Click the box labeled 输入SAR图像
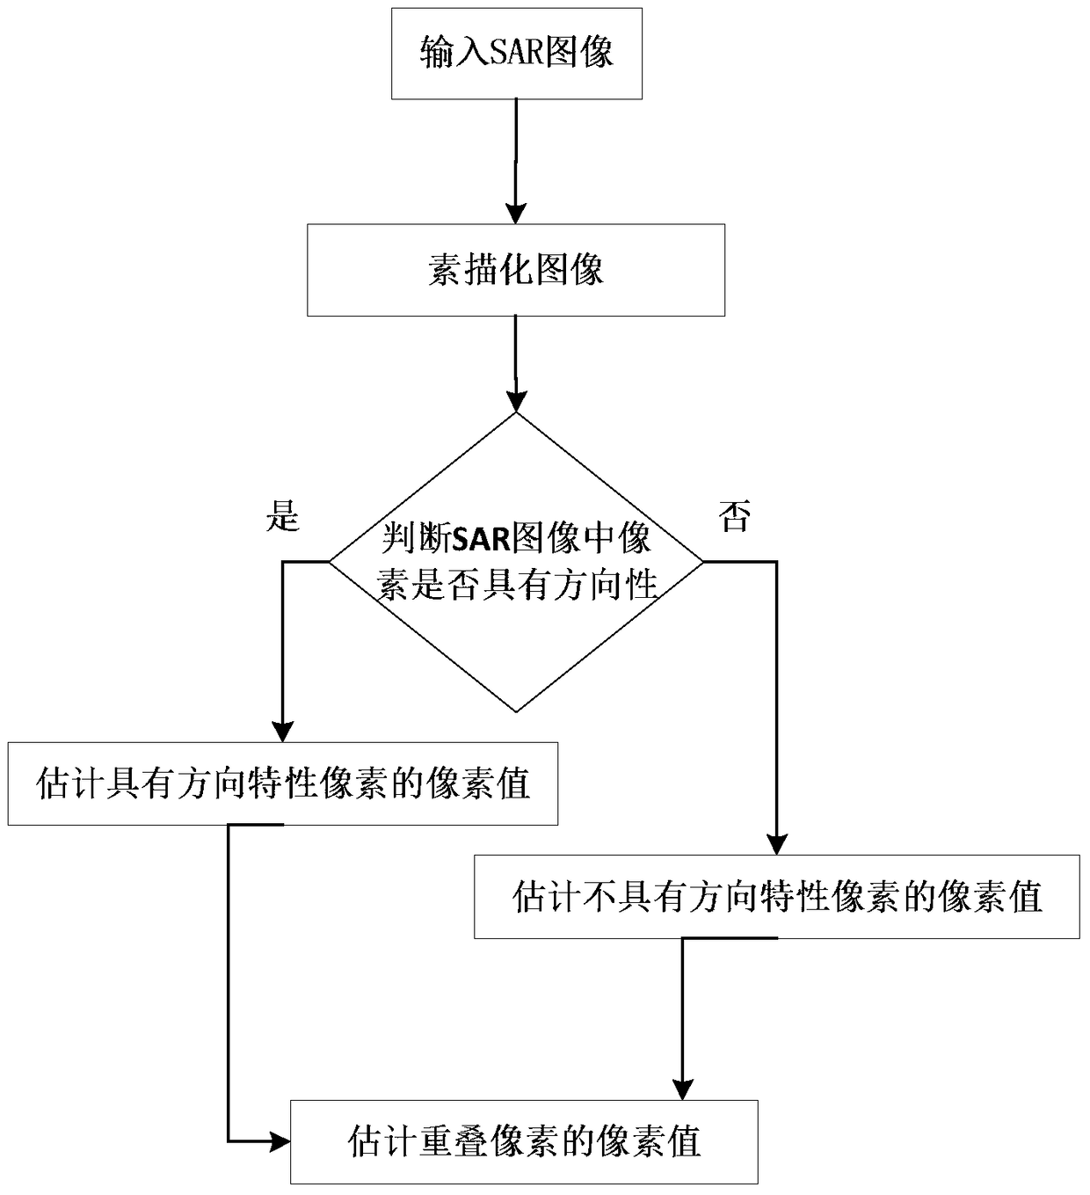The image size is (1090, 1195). coord(516,54)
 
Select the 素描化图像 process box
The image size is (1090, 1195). coord(515,270)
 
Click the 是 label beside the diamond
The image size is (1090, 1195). coord(283,515)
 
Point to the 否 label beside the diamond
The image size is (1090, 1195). coord(735,516)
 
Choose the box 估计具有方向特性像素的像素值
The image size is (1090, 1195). coord(283,783)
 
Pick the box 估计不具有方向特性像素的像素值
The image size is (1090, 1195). coord(777,897)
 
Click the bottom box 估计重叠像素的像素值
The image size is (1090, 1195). coord(524,1141)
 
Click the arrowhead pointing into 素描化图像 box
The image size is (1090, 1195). coord(516,214)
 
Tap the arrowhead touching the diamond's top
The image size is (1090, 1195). coord(516,402)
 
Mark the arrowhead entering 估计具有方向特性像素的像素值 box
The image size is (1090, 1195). coord(282,732)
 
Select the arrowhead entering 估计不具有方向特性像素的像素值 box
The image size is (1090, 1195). coord(777,843)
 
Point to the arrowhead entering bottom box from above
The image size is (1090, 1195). coord(682,1089)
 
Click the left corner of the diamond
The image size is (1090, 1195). coord(330,561)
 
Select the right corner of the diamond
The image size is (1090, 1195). coord(702,561)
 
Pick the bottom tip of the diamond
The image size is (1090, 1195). coord(516,710)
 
